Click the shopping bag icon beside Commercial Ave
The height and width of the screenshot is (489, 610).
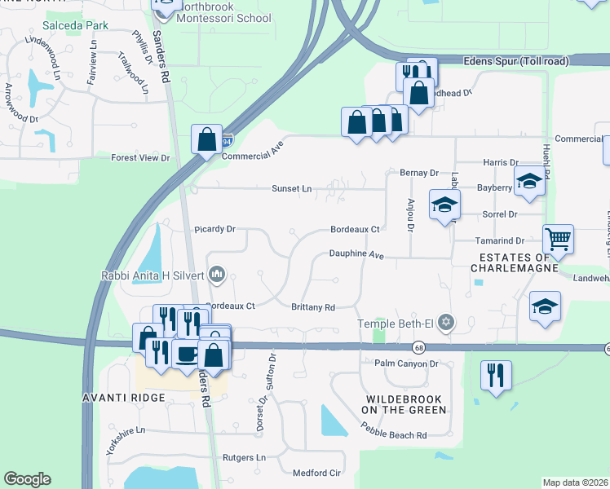point(207,139)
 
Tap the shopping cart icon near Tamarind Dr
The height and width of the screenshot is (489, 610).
point(559,239)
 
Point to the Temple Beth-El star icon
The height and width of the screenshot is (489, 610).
point(445,324)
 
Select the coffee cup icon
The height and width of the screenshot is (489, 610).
point(186,355)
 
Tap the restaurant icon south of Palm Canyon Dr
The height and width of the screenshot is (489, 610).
point(496,376)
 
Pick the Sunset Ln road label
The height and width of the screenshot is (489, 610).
point(292,188)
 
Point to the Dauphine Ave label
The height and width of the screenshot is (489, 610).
point(356,254)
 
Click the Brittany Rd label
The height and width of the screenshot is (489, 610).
point(314,307)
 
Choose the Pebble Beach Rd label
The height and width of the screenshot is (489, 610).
point(394,434)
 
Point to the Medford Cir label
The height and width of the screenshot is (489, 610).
point(316,473)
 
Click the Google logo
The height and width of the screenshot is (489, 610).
point(27,479)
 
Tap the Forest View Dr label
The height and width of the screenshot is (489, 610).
point(140,158)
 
